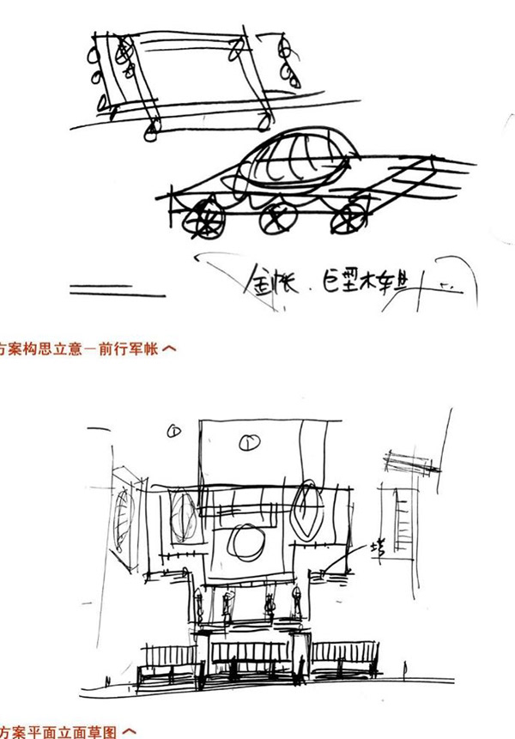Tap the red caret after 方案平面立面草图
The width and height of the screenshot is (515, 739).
point(130,732)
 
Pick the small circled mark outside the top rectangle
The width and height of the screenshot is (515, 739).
point(174,431)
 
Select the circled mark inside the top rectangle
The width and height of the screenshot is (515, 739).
point(249,442)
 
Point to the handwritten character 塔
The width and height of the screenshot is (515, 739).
point(377,547)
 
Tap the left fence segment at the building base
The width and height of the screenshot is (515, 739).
point(169,661)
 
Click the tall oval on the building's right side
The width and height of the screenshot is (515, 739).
point(306,511)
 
